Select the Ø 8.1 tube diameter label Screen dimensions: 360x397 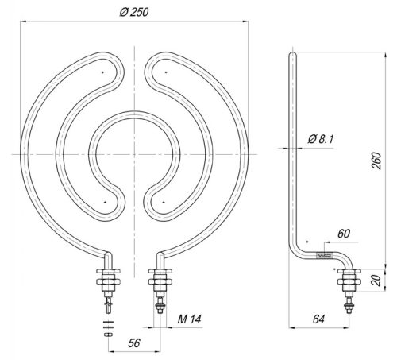[x=319, y=140]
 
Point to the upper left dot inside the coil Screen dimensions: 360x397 [x=103, y=73]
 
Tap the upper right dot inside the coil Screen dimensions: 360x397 [x=165, y=73]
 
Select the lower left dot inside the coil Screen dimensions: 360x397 [x=104, y=203]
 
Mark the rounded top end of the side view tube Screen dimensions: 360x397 [x=291, y=52]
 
